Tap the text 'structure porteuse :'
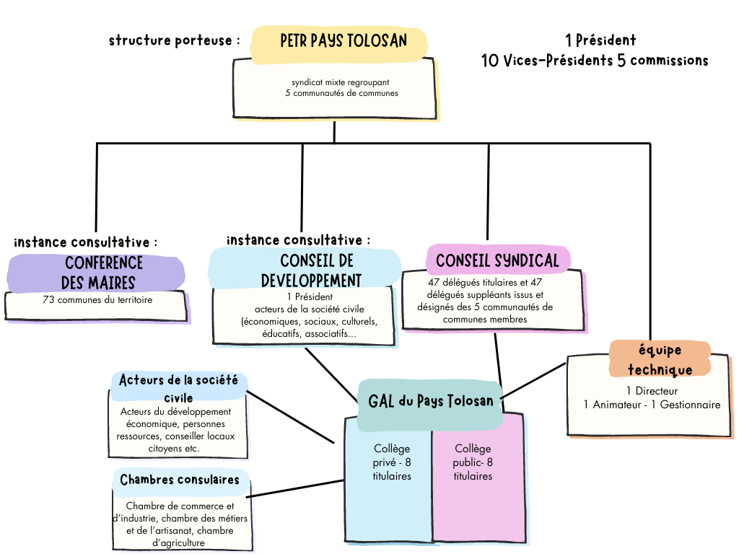coord(175,40)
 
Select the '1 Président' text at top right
coord(600,40)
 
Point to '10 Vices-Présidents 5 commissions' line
coord(595,61)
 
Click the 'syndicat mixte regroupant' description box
coord(334,88)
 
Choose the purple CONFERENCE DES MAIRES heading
coord(97,273)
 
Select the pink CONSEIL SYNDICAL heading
coord(497,260)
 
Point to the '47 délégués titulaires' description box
coord(490,301)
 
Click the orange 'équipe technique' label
coord(660,359)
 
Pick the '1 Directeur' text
coord(652,391)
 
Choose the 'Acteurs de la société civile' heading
coord(178,387)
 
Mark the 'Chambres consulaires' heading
coord(180,480)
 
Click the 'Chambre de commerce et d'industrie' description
coord(180,524)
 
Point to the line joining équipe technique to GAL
coord(535,379)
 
